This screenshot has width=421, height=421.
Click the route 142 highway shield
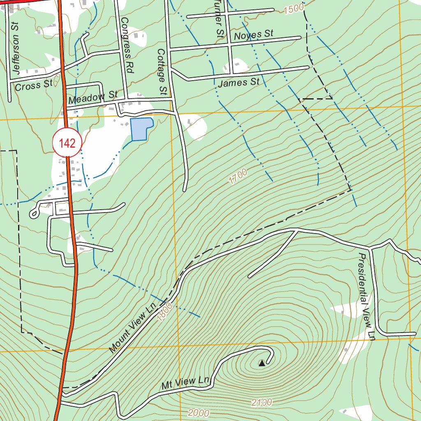coord(67,143)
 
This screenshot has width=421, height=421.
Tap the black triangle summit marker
coord(262,363)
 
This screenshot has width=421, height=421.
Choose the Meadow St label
coord(93,98)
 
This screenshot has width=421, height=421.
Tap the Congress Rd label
coord(128,45)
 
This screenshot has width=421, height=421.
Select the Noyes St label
coord(254,35)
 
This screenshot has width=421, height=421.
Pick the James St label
coord(239,83)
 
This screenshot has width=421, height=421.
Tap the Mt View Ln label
coord(185,383)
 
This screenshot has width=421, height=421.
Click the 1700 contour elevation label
coord(238,176)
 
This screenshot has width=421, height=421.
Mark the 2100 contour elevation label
coord(262,402)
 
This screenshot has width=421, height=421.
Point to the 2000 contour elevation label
coord(199,413)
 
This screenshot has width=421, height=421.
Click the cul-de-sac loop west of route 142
coord(34,213)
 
